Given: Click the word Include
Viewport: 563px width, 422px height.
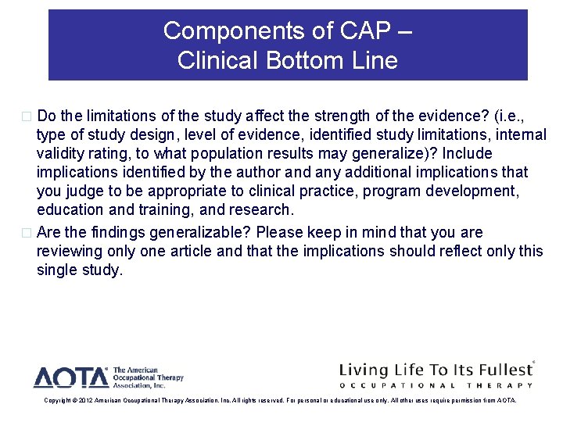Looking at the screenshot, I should [468, 153].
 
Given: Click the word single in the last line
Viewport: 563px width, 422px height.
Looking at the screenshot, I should [59, 270].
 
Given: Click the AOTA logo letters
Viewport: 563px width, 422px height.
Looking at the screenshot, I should [71, 377].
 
